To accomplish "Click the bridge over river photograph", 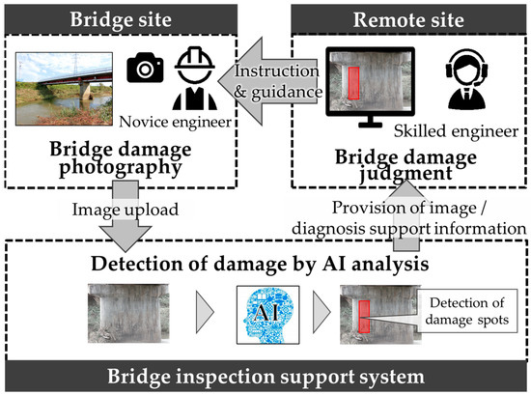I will pyautogui.click(x=69, y=94).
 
